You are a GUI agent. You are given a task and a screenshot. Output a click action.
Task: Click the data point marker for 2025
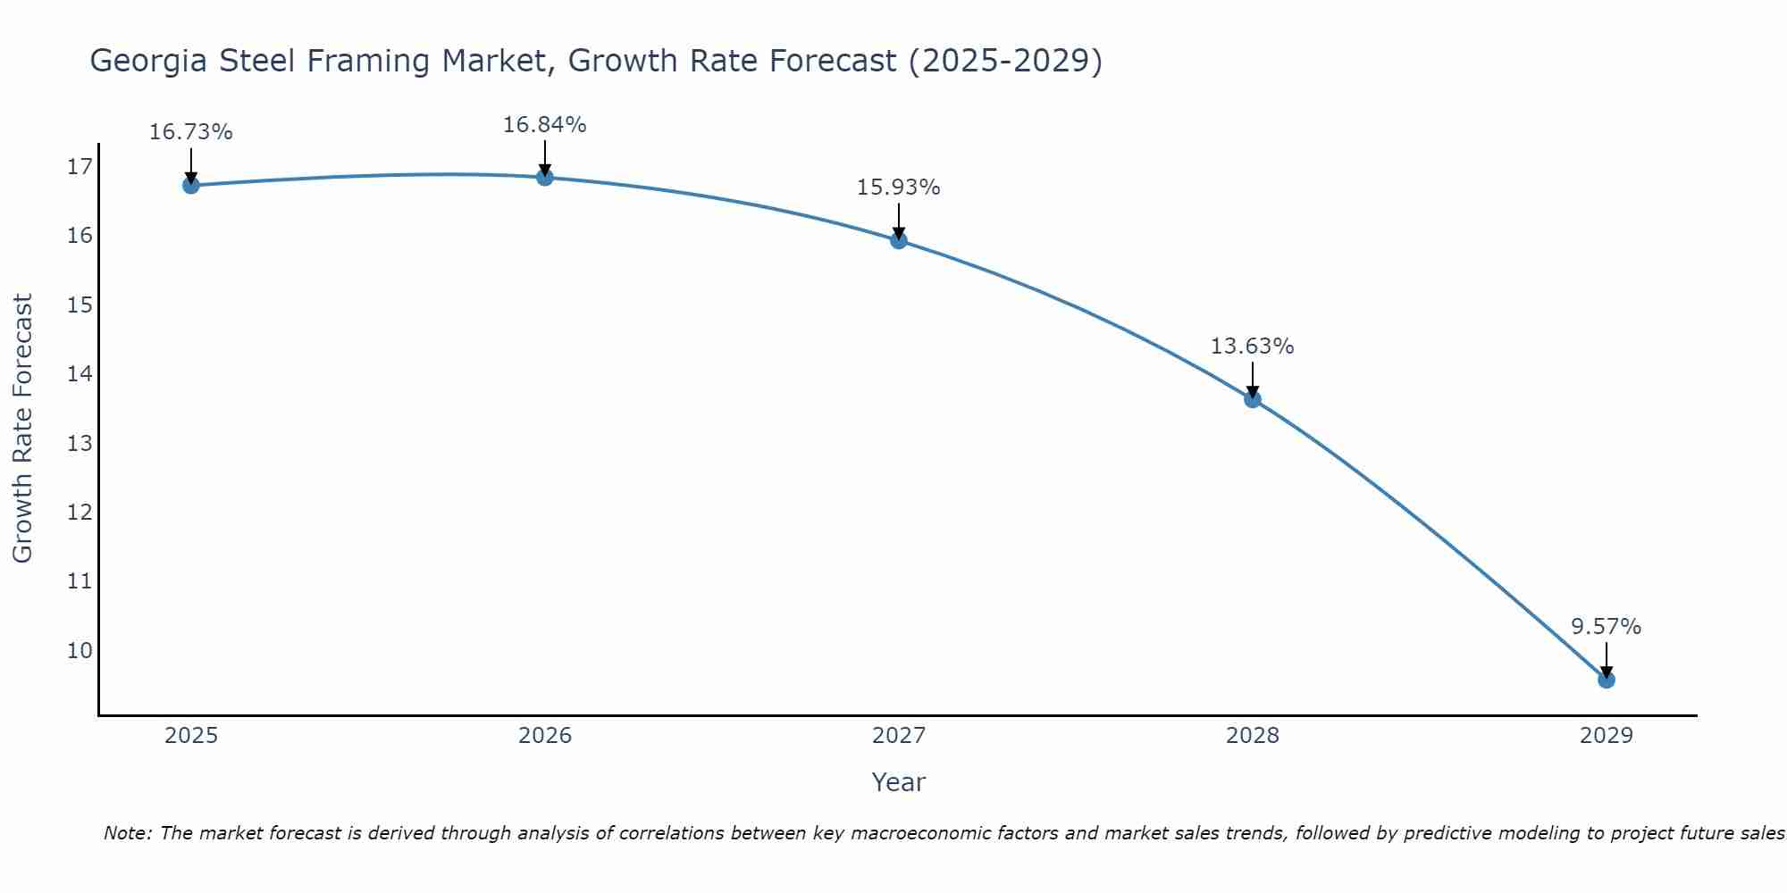coord(190,185)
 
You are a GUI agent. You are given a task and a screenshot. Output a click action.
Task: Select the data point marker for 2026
coord(544,177)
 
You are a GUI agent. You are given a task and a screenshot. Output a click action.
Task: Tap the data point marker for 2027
coord(898,240)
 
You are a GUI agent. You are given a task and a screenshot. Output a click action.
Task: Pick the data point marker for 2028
coord(1252,399)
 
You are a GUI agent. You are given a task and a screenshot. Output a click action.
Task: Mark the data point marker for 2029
coord(1606,680)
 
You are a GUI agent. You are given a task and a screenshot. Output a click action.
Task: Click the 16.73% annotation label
coord(190,132)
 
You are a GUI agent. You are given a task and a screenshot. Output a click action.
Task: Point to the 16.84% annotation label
coord(544,125)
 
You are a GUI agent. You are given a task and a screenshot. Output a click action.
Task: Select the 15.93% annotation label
coord(898,188)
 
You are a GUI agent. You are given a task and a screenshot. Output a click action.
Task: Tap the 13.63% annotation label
coord(1252,346)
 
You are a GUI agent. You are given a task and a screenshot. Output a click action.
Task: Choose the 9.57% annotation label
coord(1606,627)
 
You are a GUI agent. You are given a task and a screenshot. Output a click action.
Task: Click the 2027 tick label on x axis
coord(898,736)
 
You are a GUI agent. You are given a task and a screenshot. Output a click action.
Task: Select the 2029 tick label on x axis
coord(1606,736)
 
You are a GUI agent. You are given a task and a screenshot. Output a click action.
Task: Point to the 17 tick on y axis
coord(80,167)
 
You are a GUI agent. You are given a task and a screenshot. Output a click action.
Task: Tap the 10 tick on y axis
coord(80,650)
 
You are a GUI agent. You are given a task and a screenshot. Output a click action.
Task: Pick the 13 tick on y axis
coord(80,444)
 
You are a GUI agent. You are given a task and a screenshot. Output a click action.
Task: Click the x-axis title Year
coord(898,782)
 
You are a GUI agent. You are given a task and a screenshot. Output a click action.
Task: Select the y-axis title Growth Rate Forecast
coord(23,429)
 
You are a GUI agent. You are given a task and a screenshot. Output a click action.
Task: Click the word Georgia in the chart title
coord(148,61)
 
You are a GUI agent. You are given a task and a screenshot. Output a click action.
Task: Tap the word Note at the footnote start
coord(128,834)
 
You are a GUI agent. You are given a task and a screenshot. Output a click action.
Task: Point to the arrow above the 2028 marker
coord(1252,379)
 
